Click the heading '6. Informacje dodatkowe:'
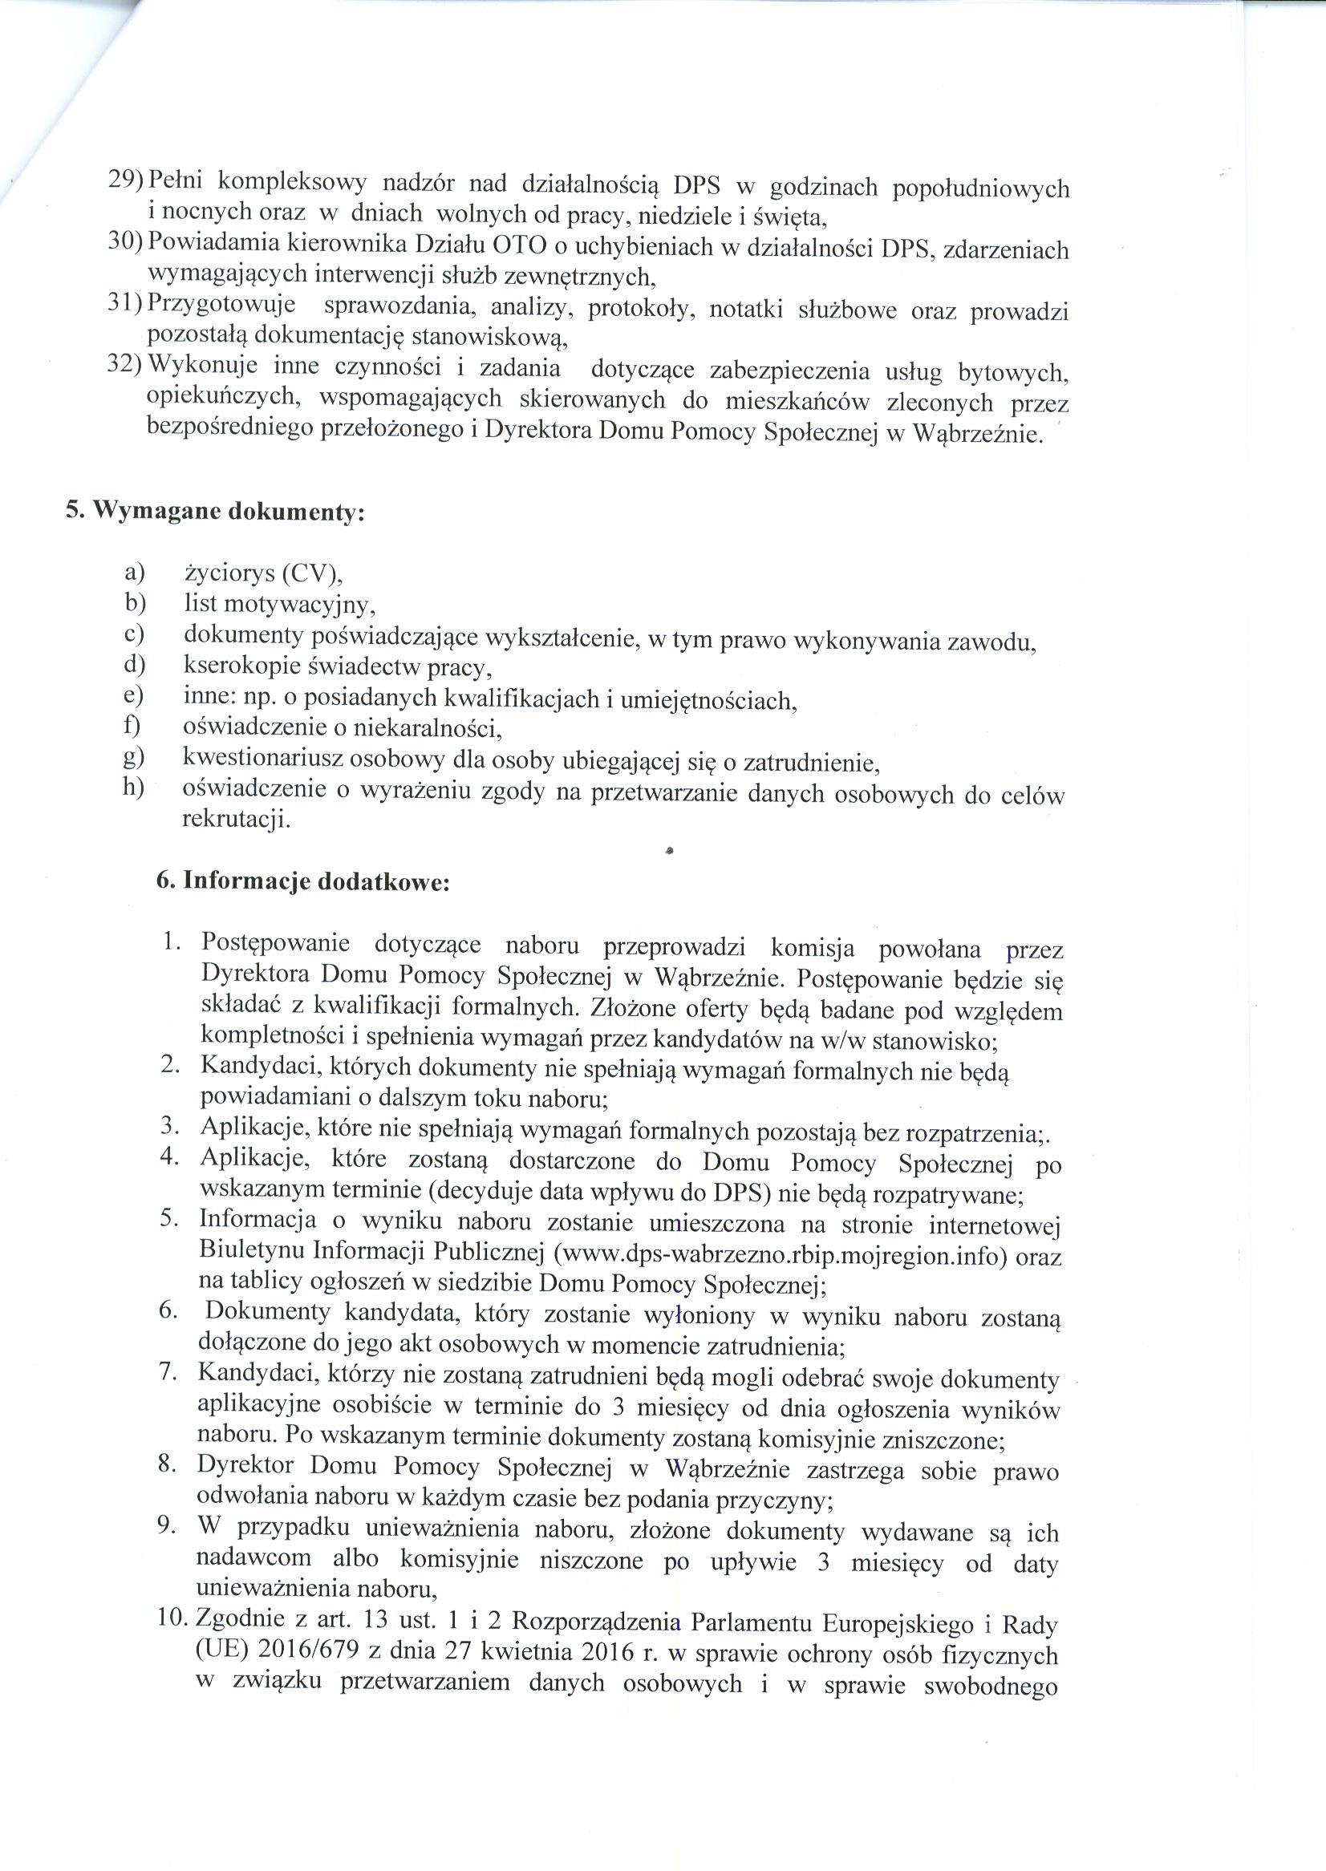302,883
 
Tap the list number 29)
126,178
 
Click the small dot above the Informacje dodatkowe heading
669,851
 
